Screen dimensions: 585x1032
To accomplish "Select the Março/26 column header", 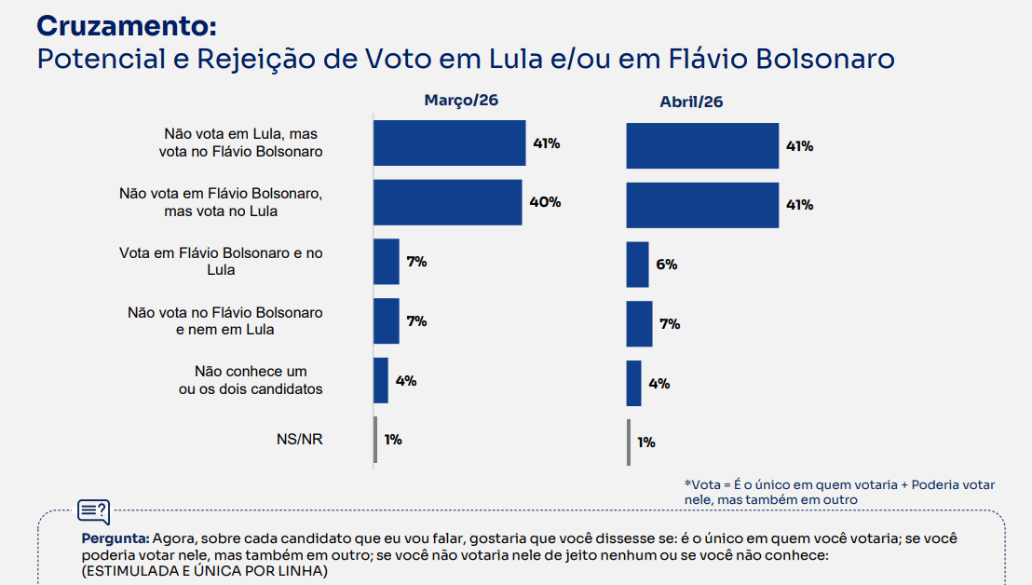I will click(x=461, y=100).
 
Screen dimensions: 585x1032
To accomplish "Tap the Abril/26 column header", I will click(x=691, y=102).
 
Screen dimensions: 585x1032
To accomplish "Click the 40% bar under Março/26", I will click(x=447, y=202).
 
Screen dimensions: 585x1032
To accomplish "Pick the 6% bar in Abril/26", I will click(x=637, y=265).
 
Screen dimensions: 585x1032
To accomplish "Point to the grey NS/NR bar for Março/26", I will click(x=375, y=440).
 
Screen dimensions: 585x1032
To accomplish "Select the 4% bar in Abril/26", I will click(x=633, y=383).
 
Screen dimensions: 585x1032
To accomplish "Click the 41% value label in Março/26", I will click(x=546, y=143).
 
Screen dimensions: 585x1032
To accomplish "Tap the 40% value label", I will click(x=547, y=202).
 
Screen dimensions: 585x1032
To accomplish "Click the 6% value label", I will click(x=666, y=265).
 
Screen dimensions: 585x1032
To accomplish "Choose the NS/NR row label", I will click(x=299, y=440).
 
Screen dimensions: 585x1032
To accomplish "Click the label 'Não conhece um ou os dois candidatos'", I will click(x=251, y=380).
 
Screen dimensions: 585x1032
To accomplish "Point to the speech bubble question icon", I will click(x=93, y=511).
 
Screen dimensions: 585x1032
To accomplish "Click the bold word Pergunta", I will click(x=115, y=538).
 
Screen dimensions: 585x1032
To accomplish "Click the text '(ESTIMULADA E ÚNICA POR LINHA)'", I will click(x=204, y=571).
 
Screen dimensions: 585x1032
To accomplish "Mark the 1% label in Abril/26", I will click(x=646, y=442).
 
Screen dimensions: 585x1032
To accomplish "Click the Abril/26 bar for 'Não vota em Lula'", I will click(x=702, y=145).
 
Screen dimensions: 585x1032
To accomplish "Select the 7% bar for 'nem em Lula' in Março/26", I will click(x=386, y=320).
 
